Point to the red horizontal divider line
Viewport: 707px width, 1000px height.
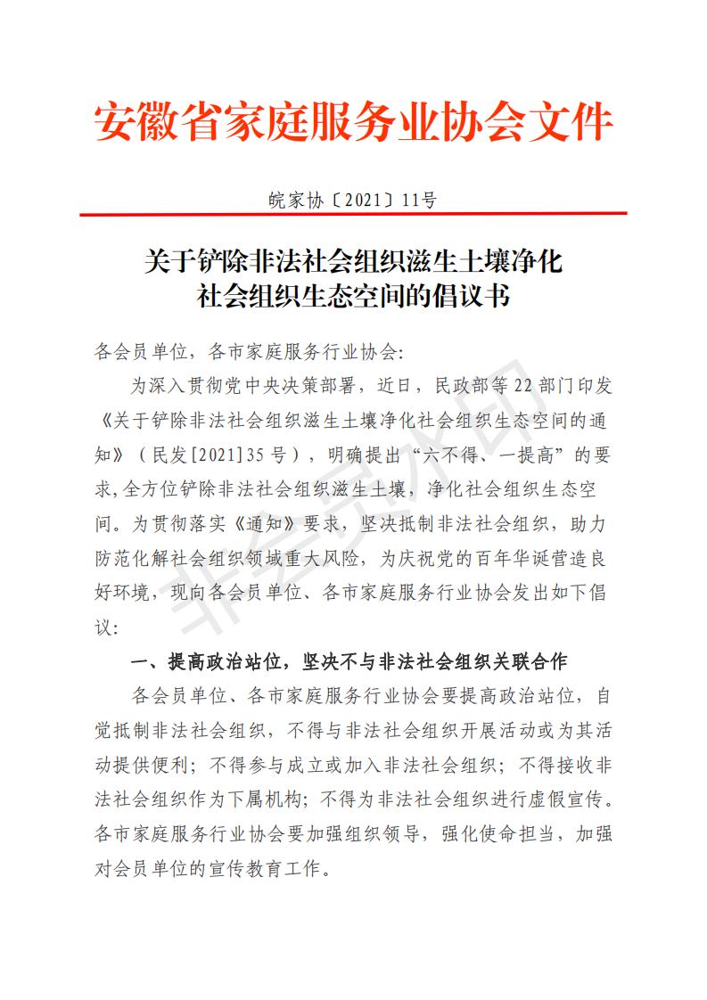click(x=353, y=215)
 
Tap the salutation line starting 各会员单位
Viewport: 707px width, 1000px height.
click(x=249, y=351)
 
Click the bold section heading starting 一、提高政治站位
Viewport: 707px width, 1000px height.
click(x=349, y=662)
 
